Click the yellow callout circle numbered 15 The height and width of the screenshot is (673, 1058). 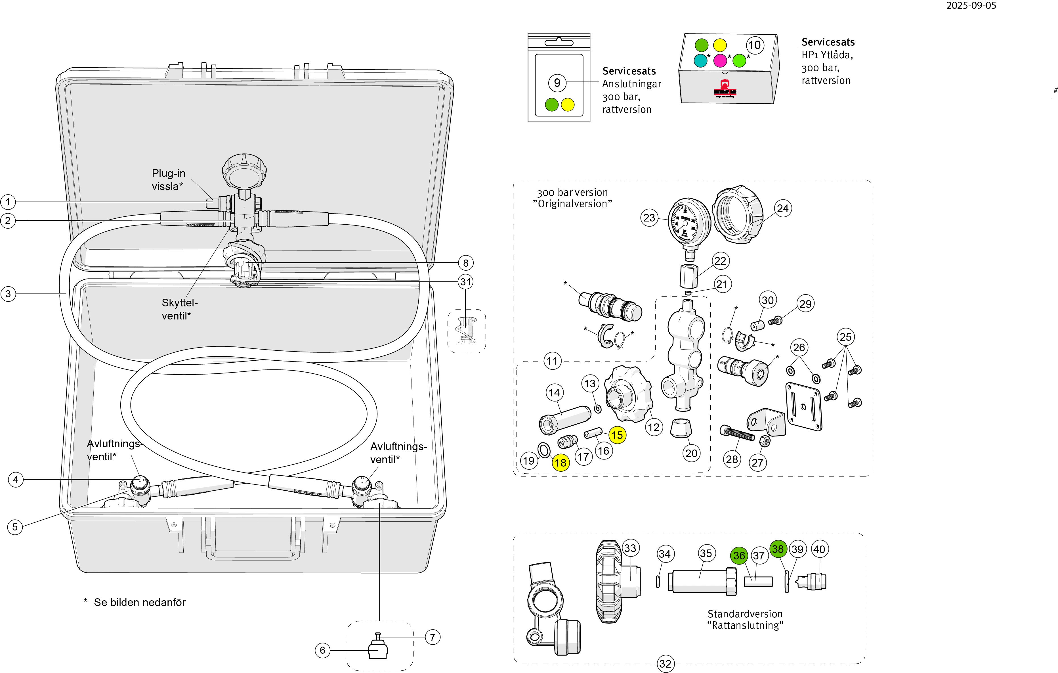click(617, 435)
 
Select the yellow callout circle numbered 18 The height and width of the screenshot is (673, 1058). click(560, 463)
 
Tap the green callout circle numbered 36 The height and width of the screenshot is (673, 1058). click(739, 556)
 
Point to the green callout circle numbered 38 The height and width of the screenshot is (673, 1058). click(778, 549)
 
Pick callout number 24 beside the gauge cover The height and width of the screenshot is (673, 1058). click(782, 208)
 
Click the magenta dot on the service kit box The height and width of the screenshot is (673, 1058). click(720, 60)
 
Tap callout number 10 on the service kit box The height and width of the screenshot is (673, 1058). click(754, 45)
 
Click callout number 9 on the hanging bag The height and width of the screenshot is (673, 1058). click(557, 83)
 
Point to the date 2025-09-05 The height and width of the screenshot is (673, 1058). click(971, 6)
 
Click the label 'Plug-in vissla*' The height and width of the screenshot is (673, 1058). click(168, 180)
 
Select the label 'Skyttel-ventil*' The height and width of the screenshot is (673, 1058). click(179, 309)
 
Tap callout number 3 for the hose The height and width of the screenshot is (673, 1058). click(8, 294)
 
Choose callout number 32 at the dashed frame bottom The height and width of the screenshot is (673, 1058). click(665, 664)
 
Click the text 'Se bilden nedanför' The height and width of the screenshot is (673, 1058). click(140, 602)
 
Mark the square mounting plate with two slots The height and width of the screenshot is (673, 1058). click(804, 406)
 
